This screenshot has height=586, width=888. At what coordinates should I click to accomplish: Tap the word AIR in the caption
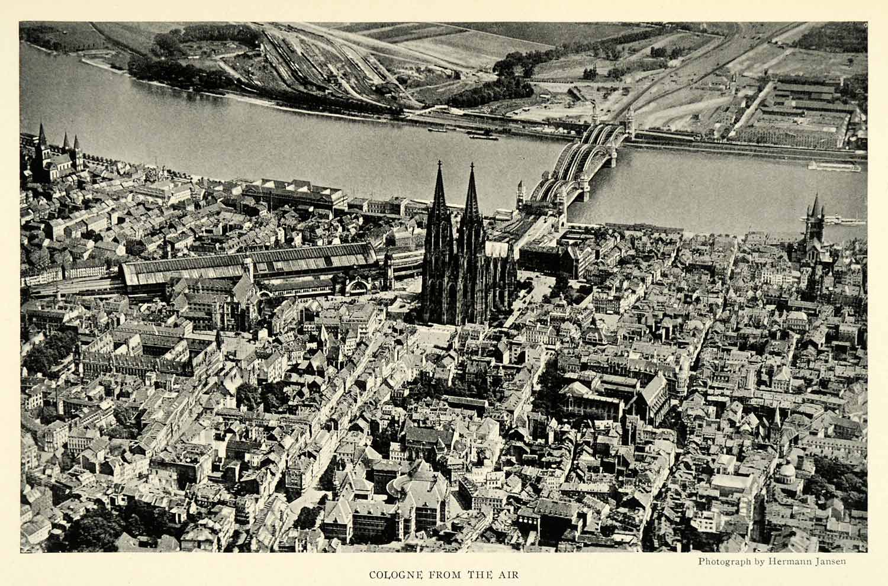510,574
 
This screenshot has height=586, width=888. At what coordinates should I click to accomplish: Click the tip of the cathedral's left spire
439,162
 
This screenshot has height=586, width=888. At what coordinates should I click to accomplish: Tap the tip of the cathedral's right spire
472,165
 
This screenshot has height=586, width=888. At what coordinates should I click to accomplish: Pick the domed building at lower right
786,472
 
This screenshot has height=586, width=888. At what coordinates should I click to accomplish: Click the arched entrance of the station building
358,287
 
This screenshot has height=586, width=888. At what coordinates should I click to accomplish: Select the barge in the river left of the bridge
482,137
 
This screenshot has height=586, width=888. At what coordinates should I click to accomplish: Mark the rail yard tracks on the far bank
314,65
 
